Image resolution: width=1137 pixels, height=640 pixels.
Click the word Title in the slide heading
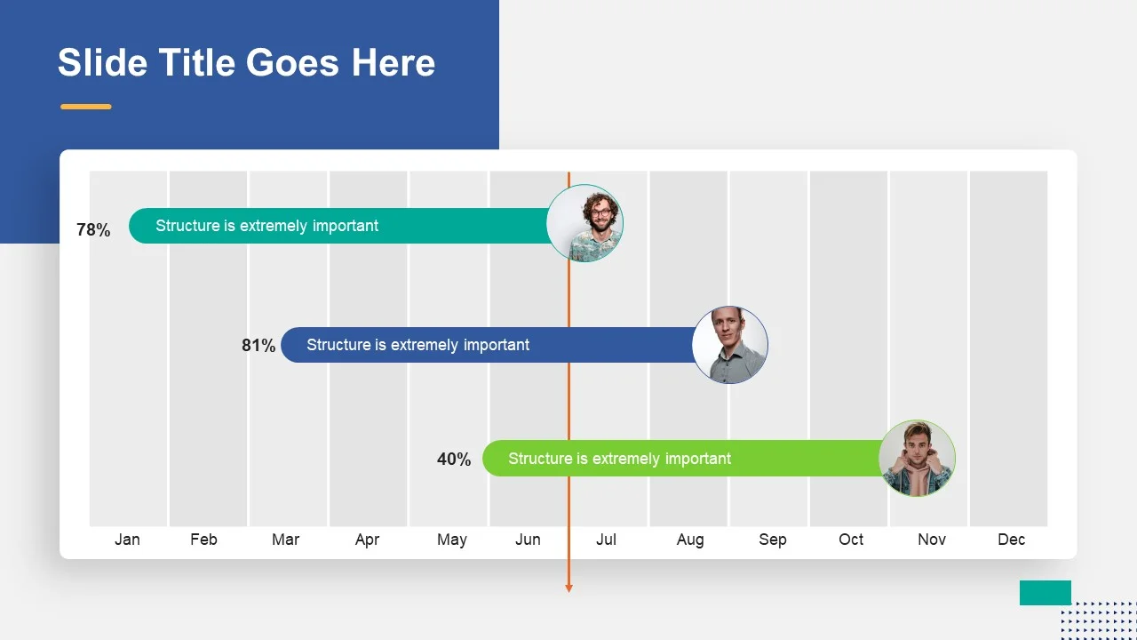click(197, 62)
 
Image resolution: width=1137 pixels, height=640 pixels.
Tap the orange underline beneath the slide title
click(86, 107)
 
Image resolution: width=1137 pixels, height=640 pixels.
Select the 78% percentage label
click(93, 229)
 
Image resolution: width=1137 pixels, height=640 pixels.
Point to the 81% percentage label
click(258, 346)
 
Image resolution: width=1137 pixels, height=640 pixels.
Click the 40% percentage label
click(454, 460)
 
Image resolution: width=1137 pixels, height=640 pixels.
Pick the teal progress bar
click(339, 226)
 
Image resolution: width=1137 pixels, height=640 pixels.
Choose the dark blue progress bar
click(489, 345)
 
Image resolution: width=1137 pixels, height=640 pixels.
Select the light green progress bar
click(683, 458)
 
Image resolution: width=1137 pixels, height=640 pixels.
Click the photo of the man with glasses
click(584, 223)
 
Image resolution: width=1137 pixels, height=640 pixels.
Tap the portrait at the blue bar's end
click(730, 345)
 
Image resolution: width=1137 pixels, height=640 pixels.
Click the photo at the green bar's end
click(918, 458)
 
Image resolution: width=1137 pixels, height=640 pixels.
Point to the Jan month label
click(127, 540)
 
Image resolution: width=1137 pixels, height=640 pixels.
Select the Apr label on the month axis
click(367, 540)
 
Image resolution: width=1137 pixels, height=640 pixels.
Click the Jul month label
click(606, 540)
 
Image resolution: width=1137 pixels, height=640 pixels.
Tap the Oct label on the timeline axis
click(851, 540)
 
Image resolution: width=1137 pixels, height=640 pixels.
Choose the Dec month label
click(1011, 540)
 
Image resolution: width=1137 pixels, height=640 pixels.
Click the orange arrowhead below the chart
click(569, 588)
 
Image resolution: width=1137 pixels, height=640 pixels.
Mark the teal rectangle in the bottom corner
click(1046, 593)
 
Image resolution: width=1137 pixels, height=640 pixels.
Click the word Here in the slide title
click(394, 62)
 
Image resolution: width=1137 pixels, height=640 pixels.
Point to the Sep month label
click(773, 540)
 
